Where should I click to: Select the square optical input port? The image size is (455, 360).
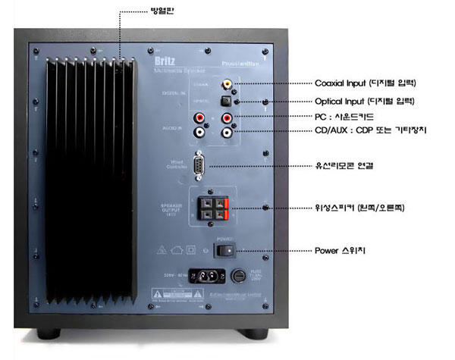pos(225,100)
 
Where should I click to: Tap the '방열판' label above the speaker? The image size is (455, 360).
pos(140,13)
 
